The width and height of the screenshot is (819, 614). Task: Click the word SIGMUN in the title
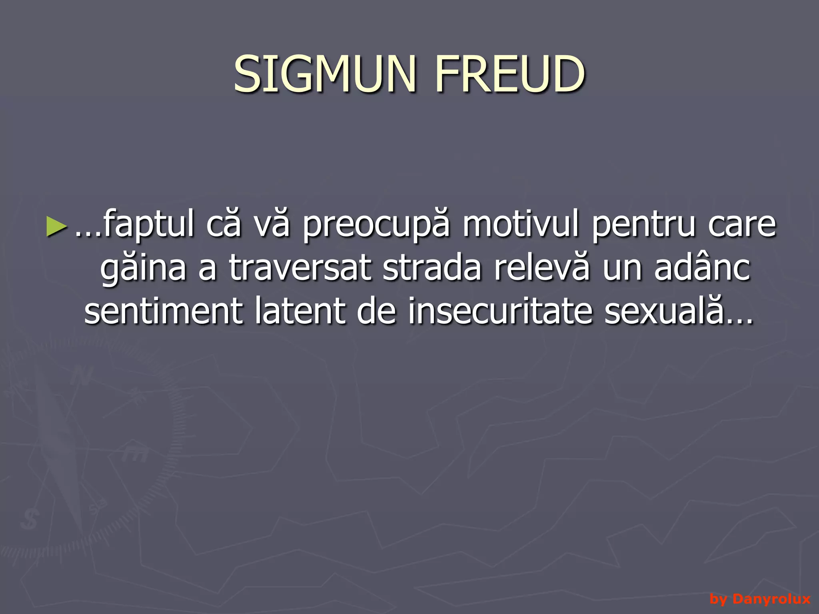pyautogui.click(x=325, y=74)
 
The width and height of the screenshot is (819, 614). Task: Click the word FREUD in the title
pyautogui.click(x=509, y=74)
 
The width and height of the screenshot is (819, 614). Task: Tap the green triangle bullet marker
pyautogui.click(x=56, y=226)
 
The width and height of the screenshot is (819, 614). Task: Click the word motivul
pyautogui.click(x=521, y=224)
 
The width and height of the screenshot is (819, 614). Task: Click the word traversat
pyautogui.click(x=300, y=268)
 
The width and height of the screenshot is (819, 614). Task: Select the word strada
pyautogui.click(x=432, y=268)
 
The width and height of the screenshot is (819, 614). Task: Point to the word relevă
pyautogui.click(x=541, y=268)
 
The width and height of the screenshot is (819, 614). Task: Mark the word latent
pyautogui.click(x=300, y=311)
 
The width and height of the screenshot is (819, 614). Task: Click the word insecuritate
pyautogui.click(x=500, y=311)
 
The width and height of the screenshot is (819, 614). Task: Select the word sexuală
pyautogui.click(x=664, y=311)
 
